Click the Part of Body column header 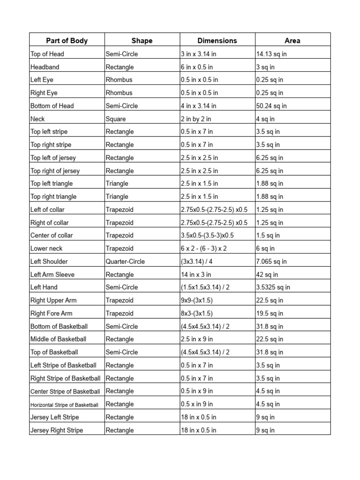67,40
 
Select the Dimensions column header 217,40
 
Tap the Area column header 292,40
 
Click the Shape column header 142,40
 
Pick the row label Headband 45,67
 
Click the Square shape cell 116,119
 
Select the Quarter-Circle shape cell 125,262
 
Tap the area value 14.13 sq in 271,54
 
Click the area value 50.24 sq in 271,106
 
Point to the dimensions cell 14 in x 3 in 196,275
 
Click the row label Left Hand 44,287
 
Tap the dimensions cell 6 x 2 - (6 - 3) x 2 204,248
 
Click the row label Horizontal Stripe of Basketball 65,405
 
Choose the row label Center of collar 52,235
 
